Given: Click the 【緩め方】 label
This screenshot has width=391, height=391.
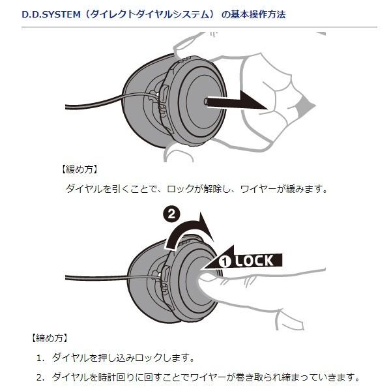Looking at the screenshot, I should (79, 169).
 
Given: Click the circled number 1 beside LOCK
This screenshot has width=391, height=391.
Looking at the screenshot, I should (225, 261).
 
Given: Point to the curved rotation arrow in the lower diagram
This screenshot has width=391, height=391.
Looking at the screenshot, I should (189, 231).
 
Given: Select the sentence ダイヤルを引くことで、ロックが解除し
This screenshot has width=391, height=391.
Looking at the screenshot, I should (150, 189).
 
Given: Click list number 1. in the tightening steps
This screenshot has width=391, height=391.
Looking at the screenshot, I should (40, 358).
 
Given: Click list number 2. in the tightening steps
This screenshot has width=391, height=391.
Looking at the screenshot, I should (40, 377).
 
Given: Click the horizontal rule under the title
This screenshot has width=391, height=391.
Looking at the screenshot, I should (195, 27).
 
